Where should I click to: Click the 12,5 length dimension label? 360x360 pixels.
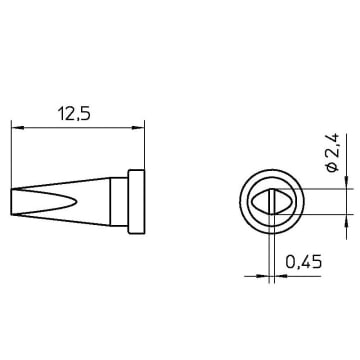(x=74, y=114)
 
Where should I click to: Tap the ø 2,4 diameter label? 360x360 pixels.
(x=333, y=152)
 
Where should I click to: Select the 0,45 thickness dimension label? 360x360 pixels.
(x=304, y=262)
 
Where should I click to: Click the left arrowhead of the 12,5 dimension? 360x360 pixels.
(x=18, y=128)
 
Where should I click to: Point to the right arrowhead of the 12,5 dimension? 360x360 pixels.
(x=138, y=128)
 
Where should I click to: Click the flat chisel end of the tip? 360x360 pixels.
(x=12, y=202)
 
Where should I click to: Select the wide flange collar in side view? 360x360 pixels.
(x=136, y=202)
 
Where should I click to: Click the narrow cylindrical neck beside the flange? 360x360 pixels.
(x=119, y=202)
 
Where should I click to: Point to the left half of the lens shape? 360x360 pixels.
(x=260, y=202)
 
